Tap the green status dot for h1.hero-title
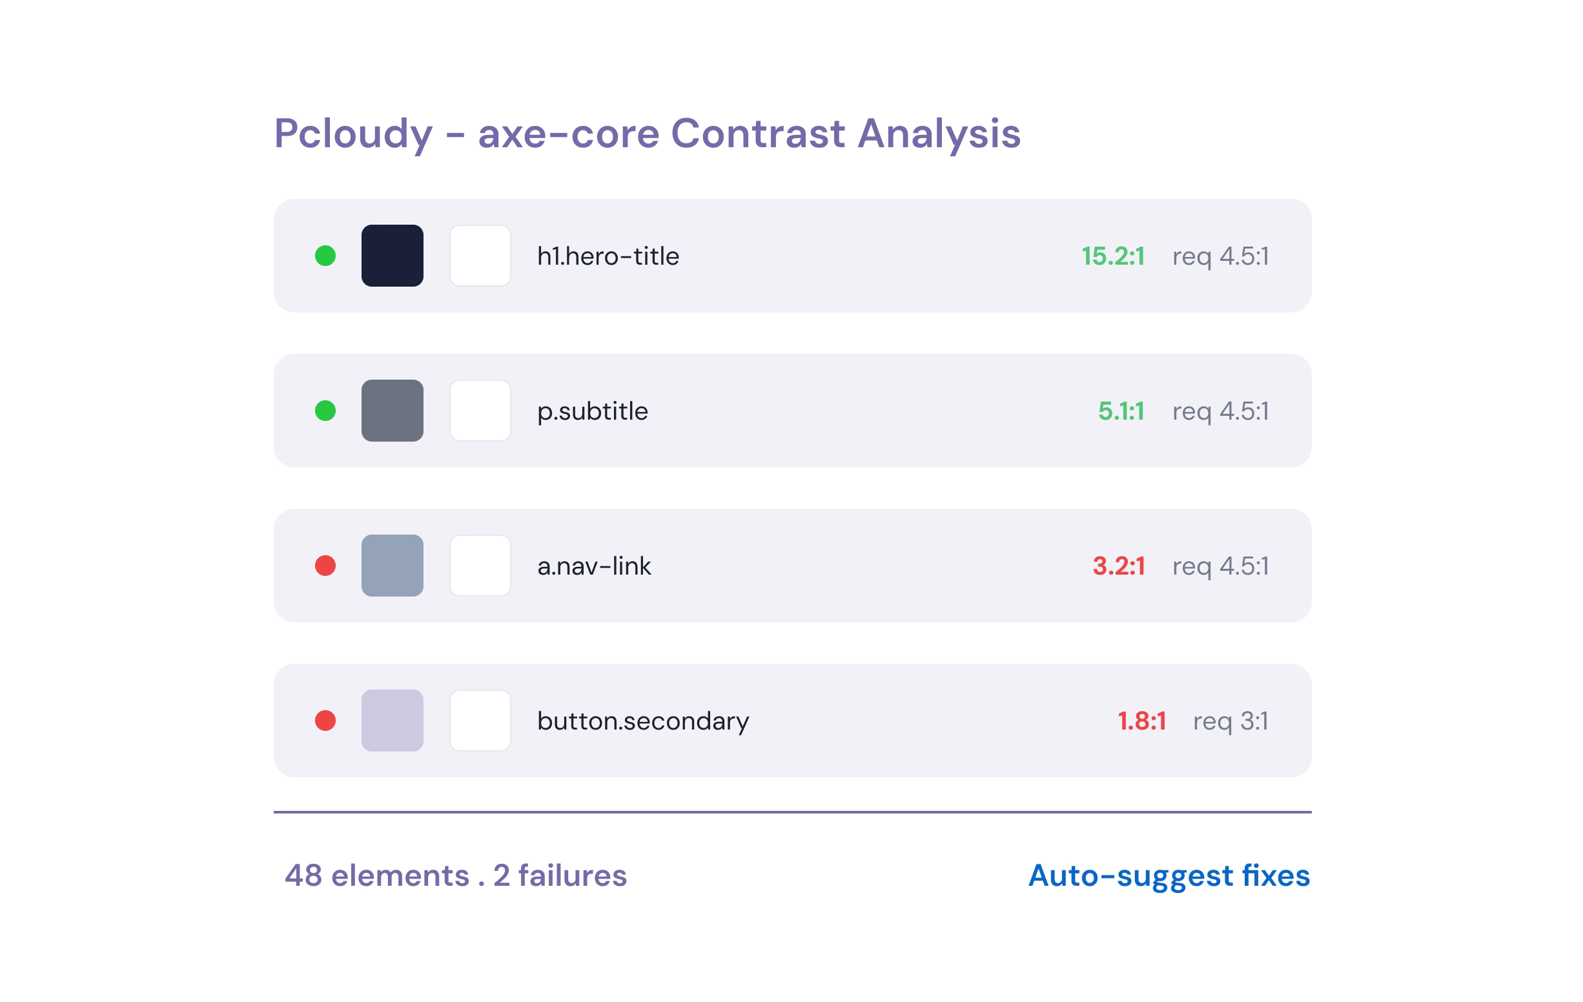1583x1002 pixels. (325, 256)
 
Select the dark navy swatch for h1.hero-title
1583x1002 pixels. (393, 256)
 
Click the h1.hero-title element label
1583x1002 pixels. (608, 256)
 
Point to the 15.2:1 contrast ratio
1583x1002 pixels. (1113, 256)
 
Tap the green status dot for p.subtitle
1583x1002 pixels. (325, 411)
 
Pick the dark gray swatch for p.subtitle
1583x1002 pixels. (393, 411)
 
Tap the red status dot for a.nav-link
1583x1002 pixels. (325, 566)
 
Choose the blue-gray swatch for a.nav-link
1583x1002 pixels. (393, 566)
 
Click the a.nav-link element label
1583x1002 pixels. (595, 566)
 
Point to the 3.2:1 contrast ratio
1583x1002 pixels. (1118, 566)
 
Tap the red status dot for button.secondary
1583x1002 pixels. (325, 721)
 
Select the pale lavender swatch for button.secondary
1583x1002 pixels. (393, 721)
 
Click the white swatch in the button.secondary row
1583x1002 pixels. (480, 721)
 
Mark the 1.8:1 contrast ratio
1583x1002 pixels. (1142, 721)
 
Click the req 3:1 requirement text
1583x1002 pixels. (1231, 721)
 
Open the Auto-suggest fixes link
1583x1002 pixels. (1169, 875)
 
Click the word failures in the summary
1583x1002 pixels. (572, 875)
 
